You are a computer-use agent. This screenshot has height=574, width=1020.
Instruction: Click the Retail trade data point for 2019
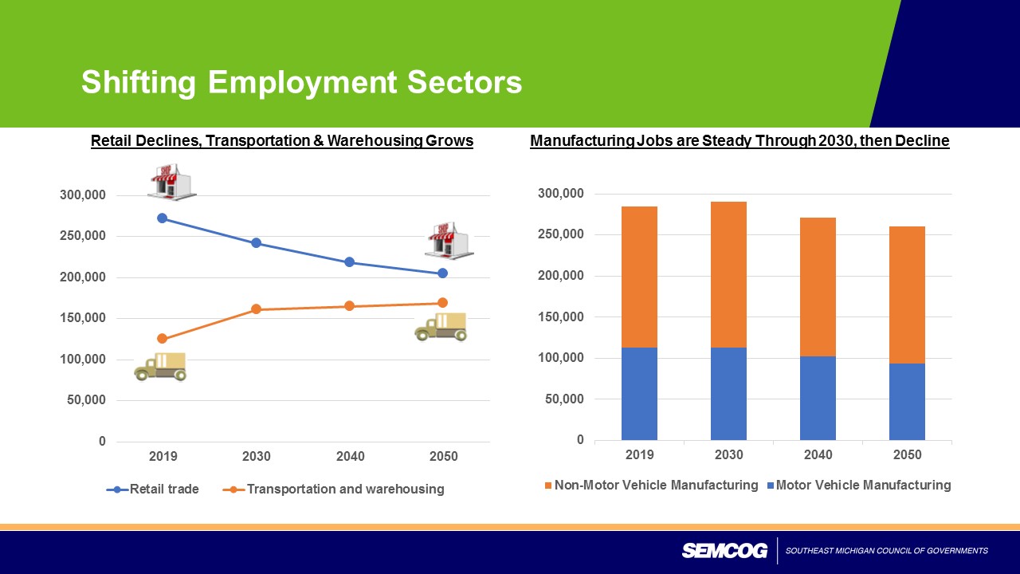tap(163, 218)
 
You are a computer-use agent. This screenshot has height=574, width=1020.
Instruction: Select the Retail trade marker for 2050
tap(443, 273)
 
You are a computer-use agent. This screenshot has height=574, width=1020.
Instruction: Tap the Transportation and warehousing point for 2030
tap(257, 309)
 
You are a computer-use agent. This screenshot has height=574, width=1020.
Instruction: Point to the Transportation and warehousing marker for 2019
tap(163, 339)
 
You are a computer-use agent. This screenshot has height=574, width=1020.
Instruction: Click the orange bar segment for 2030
tap(728, 274)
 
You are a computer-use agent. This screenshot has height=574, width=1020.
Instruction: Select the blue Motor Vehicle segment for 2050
tap(907, 401)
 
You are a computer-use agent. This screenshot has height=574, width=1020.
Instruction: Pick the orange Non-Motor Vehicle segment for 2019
tap(639, 277)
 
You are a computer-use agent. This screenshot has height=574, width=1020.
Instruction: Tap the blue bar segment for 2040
tap(818, 397)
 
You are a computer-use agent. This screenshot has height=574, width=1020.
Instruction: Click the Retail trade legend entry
tap(164, 489)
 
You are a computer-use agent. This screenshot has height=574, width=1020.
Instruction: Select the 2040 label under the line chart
tap(350, 457)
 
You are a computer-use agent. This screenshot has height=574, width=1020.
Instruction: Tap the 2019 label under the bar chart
tap(639, 455)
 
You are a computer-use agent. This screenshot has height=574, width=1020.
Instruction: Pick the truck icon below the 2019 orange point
tap(161, 366)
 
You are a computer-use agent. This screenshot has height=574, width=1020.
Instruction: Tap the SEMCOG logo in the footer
tap(724, 551)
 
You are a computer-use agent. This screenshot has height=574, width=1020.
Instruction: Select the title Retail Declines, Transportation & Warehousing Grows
tap(282, 141)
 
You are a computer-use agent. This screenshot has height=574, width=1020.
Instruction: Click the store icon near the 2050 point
tap(448, 240)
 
